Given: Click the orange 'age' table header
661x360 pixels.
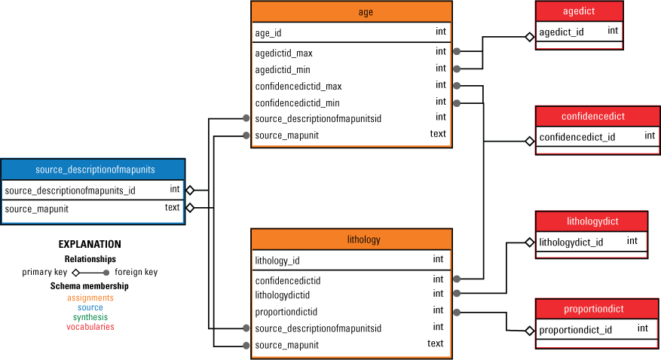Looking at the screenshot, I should pyautogui.click(x=351, y=12).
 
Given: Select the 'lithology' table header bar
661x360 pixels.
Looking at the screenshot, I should pyautogui.click(x=351, y=240).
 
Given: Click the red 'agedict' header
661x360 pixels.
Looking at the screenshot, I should pyautogui.click(x=579, y=11).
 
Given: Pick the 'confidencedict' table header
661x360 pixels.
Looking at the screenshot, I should pyautogui.click(x=592, y=117).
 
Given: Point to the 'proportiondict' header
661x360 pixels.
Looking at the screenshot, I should pyautogui.click(x=592, y=309).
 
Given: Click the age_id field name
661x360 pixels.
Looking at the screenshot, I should pyautogui.click(x=268, y=33).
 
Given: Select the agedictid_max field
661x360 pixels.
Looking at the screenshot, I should pyautogui.click(x=283, y=53).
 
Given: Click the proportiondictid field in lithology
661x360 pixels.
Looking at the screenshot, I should pyautogui.click(x=286, y=312).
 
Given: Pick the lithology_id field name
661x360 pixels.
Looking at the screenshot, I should pyautogui.click(x=277, y=261).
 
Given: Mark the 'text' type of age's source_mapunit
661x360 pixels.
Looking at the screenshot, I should pyautogui.click(x=438, y=134).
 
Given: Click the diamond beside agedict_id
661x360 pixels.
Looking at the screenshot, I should pyautogui.click(x=531, y=35).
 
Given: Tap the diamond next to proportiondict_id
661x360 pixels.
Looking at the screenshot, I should pyautogui.click(x=529, y=329).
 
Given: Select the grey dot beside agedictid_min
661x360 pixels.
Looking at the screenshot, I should pyautogui.click(x=457, y=69).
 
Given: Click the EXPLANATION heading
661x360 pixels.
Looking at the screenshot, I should pyautogui.click(x=90, y=245).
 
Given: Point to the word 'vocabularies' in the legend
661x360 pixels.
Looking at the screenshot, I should pyautogui.click(x=90, y=327).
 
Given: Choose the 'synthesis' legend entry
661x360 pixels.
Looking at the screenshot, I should pyautogui.click(x=90, y=317).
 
